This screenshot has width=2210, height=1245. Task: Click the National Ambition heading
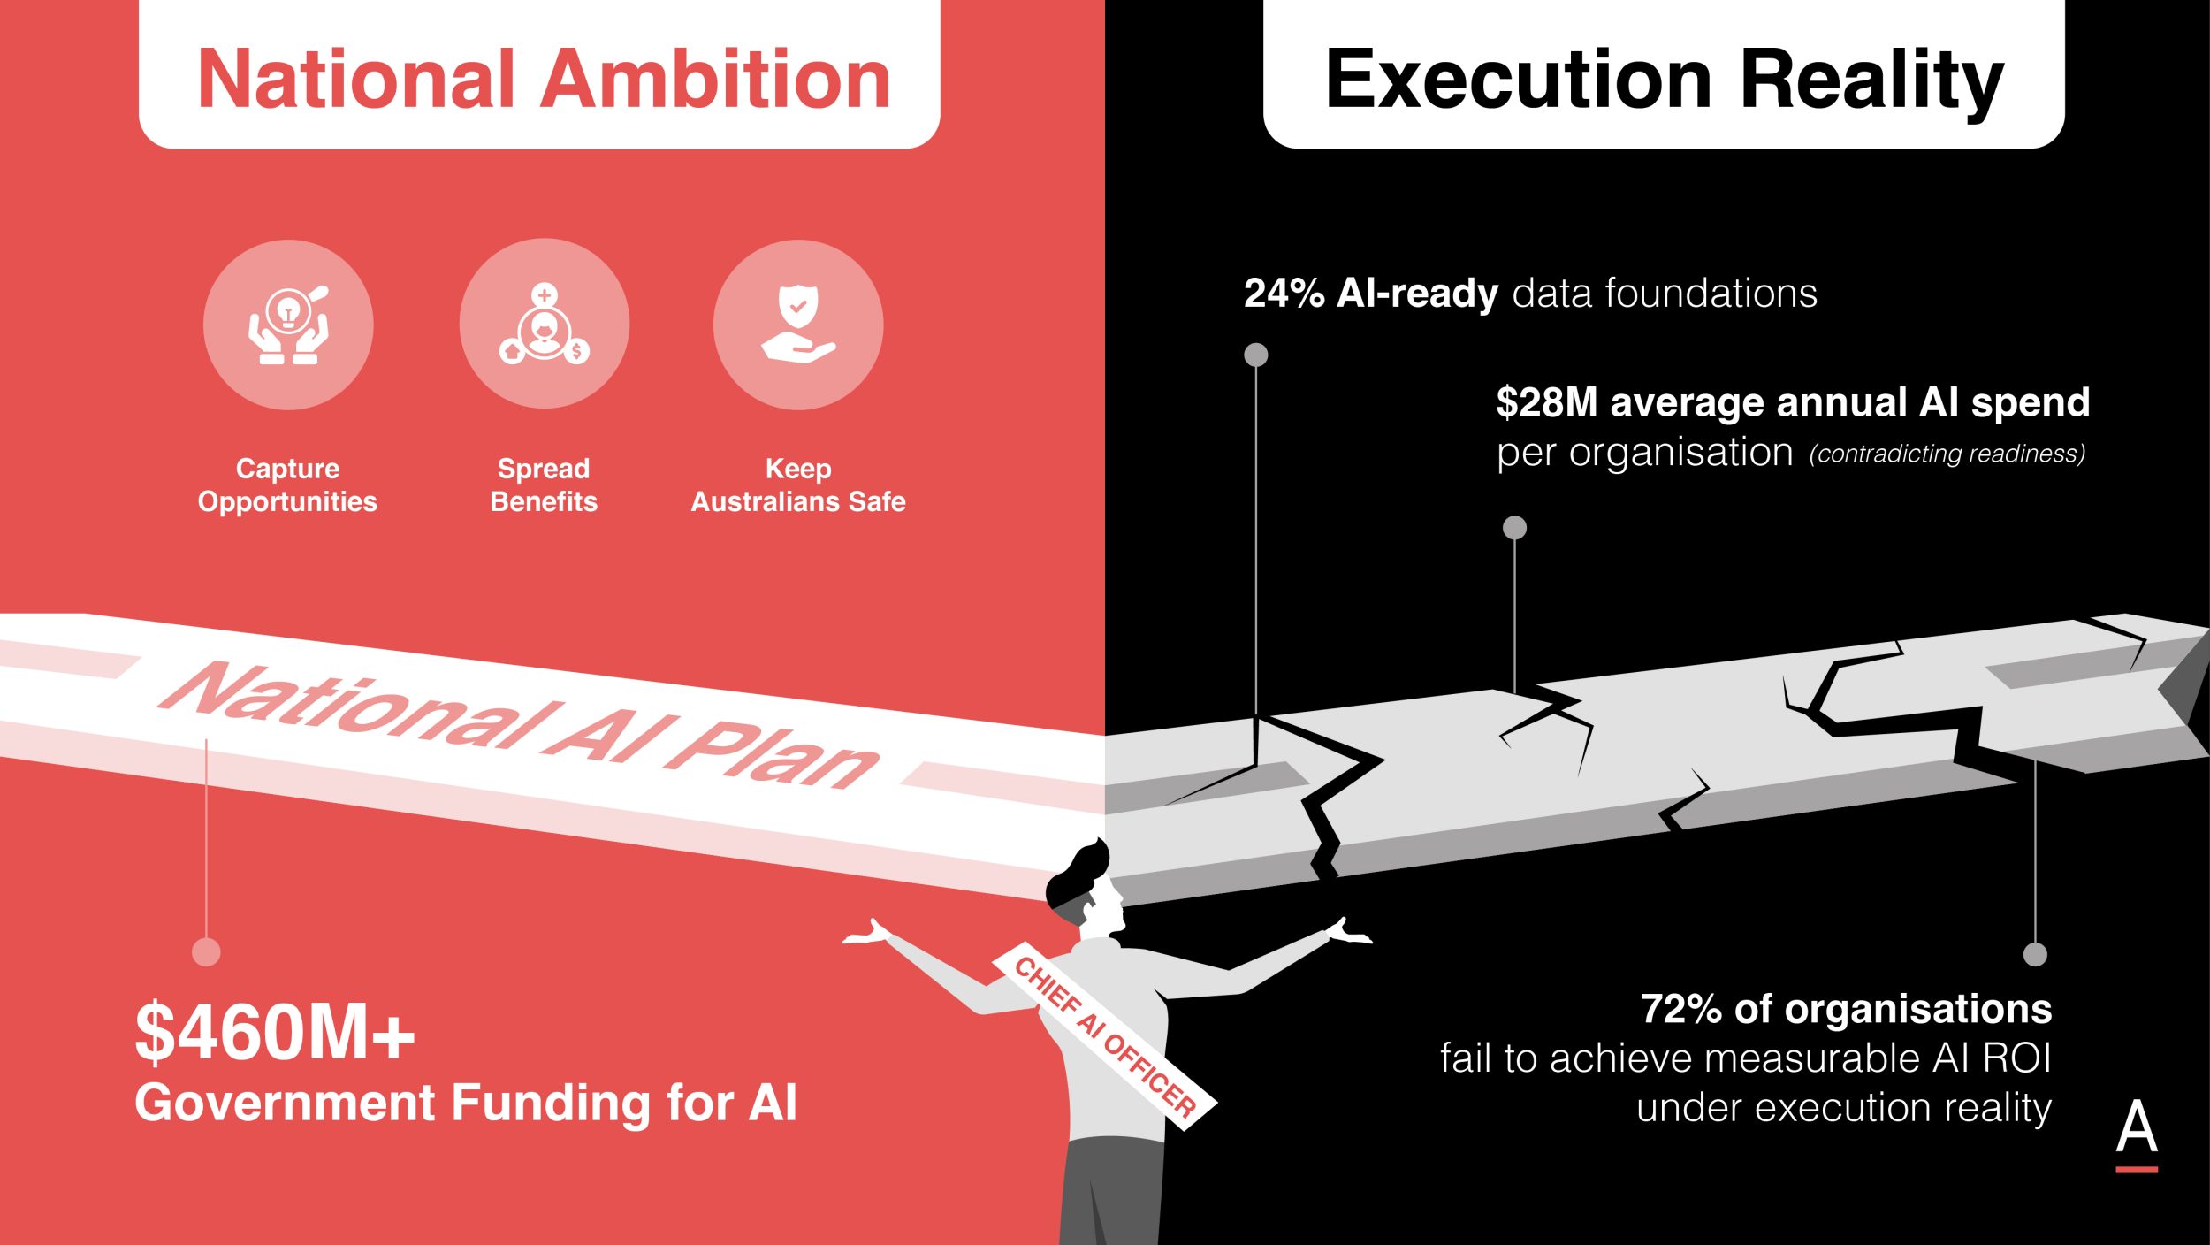[543, 80]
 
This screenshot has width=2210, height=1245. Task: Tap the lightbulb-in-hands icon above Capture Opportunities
[288, 325]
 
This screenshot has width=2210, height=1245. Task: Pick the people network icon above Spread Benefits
[545, 324]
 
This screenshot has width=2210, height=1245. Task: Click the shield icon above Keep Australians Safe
[798, 324]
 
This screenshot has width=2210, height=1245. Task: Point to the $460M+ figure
[275, 1032]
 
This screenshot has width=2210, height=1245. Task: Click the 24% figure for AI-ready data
[1284, 294]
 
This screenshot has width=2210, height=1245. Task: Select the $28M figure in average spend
[1547, 402]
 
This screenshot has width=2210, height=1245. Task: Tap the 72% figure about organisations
[1680, 1009]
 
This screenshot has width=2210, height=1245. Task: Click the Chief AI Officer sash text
[1105, 1037]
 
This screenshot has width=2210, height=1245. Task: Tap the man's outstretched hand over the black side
[1349, 932]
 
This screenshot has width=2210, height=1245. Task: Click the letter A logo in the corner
[2137, 1135]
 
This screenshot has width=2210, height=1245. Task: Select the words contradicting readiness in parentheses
[1947, 454]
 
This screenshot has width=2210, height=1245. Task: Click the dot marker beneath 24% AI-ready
[1256, 355]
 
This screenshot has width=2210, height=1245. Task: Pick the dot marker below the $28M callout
[1515, 528]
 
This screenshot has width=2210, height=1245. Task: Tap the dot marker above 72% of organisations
[2036, 955]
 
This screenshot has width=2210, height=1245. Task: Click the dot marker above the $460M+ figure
[206, 952]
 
